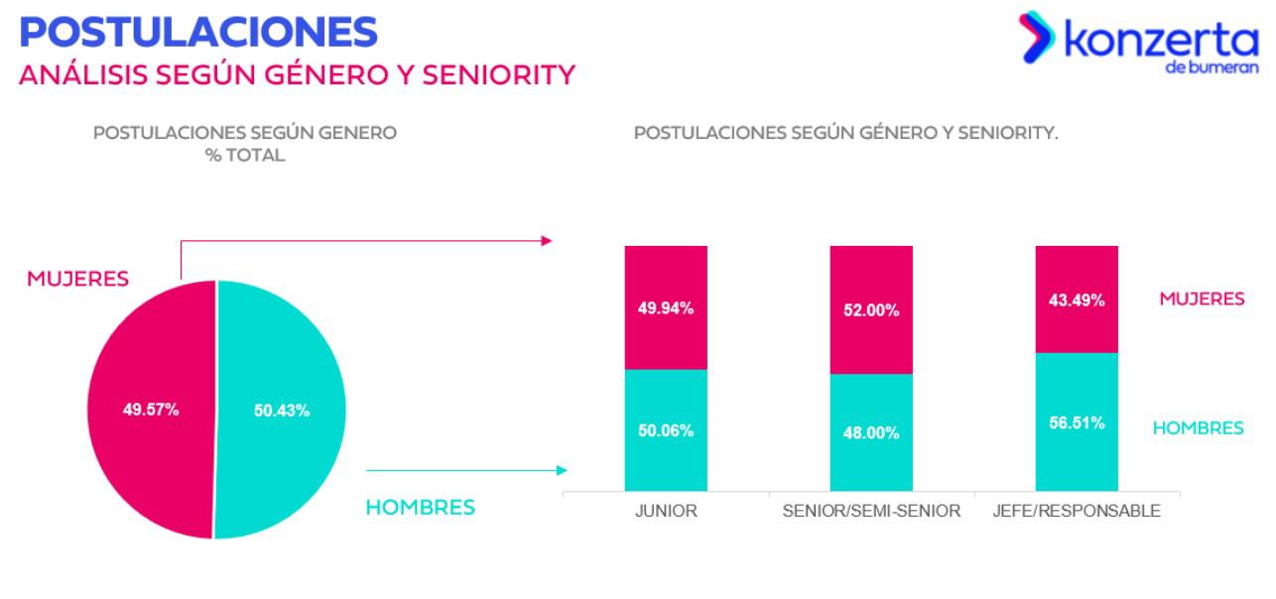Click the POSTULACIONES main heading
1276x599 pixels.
[x=198, y=32]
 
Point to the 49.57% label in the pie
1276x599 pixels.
[x=151, y=410]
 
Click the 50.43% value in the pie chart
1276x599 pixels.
[x=282, y=410]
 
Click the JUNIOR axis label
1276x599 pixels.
[x=666, y=512]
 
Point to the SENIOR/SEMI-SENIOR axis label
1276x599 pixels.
[x=871, y=512]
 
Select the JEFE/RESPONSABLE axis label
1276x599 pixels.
[x=1077, y=512]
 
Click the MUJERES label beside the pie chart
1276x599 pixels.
[x=77, y=279]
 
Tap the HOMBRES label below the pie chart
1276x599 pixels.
[x=420, y=508]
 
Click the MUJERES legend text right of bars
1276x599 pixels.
[x=1202, y=299]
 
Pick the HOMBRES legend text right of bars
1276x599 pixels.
[x=1198, y=428]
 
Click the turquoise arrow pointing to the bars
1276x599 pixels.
[x=466, y=470]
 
